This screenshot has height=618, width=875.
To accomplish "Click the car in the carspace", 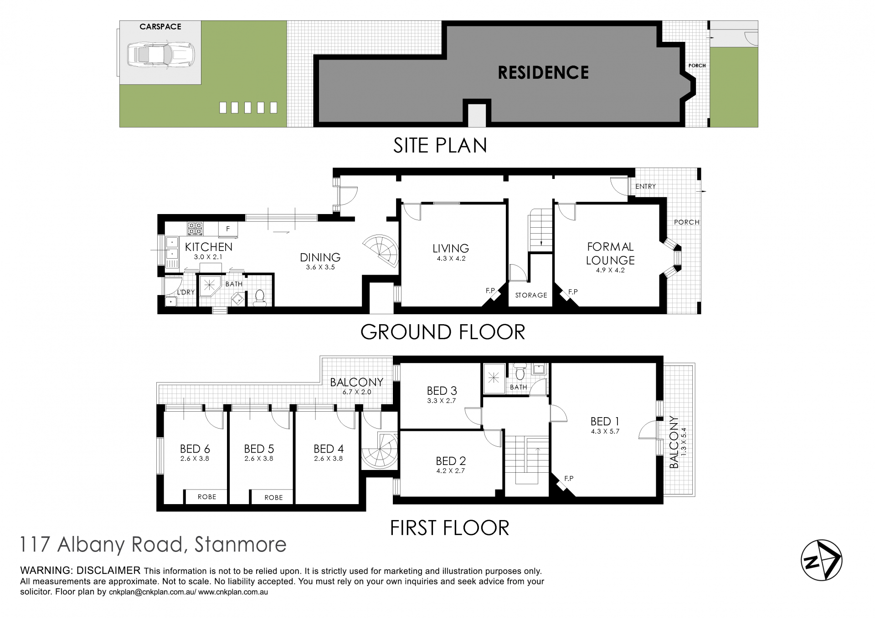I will point(160,55).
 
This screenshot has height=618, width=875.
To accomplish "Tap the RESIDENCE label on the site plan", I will point(543,73).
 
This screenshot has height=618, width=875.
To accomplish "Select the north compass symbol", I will point(821,560).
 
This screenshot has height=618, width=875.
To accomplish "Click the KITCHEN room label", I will point(209,247).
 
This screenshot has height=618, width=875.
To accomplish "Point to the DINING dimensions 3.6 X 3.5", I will point(320,267).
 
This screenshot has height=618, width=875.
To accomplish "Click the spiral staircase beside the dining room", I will point(382,251).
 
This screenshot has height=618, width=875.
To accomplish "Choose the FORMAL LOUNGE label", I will point(610,254).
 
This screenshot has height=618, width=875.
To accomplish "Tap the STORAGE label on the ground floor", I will point(531,296).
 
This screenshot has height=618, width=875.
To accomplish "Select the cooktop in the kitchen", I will point(196,228).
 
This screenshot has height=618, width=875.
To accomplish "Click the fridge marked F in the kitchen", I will point(228,229).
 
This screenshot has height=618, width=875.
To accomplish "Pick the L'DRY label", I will point(186,292).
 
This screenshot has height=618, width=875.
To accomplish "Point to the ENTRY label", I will point(645,186).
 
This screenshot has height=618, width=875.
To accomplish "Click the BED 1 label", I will point(605,421).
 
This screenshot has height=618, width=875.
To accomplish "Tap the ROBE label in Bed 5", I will point(273,498).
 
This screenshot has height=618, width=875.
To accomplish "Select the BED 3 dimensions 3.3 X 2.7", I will point(442,401).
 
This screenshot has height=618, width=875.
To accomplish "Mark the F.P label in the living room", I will point(490,291).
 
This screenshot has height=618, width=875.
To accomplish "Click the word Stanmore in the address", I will point(241,545).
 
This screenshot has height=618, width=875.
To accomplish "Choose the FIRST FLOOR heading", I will point(449,528).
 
